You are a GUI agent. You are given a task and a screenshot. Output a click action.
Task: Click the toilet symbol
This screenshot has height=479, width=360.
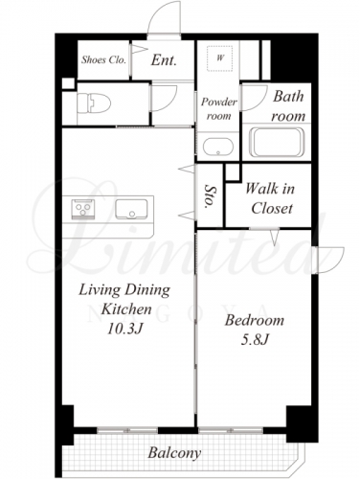tap(94, 103)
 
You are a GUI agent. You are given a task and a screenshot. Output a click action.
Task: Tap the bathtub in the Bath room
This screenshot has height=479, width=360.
tap(277, 142)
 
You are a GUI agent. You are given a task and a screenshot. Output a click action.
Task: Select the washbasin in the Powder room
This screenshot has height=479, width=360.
tap(218, 147)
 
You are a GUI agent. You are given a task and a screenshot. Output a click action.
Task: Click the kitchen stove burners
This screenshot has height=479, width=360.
tap(83, 209)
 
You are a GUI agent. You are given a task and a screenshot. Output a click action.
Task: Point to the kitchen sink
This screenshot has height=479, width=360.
tap(131, 209)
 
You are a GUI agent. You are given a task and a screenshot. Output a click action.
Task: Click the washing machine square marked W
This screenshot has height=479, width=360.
tap(219, 58)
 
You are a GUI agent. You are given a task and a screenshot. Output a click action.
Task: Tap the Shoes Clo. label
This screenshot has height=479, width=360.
tap(103, 59)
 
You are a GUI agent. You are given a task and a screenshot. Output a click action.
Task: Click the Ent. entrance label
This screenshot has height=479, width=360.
tap(164, 60)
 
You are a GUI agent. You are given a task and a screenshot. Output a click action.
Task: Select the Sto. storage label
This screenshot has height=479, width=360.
tap(209, 195)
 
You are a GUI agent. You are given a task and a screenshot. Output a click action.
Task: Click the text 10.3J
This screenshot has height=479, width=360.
tap(124, 329)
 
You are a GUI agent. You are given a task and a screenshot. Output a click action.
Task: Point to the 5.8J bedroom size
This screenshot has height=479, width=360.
tap(255, 339)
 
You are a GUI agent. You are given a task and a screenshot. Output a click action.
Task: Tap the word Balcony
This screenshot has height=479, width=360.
tap(174, 453)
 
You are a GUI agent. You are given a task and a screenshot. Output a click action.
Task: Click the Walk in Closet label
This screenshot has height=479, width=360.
tap(271, 198)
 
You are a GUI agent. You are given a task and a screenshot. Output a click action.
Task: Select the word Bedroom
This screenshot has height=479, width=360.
tap(254, 320)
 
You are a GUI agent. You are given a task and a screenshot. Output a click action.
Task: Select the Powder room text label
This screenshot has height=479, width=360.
tap(218, 108)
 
